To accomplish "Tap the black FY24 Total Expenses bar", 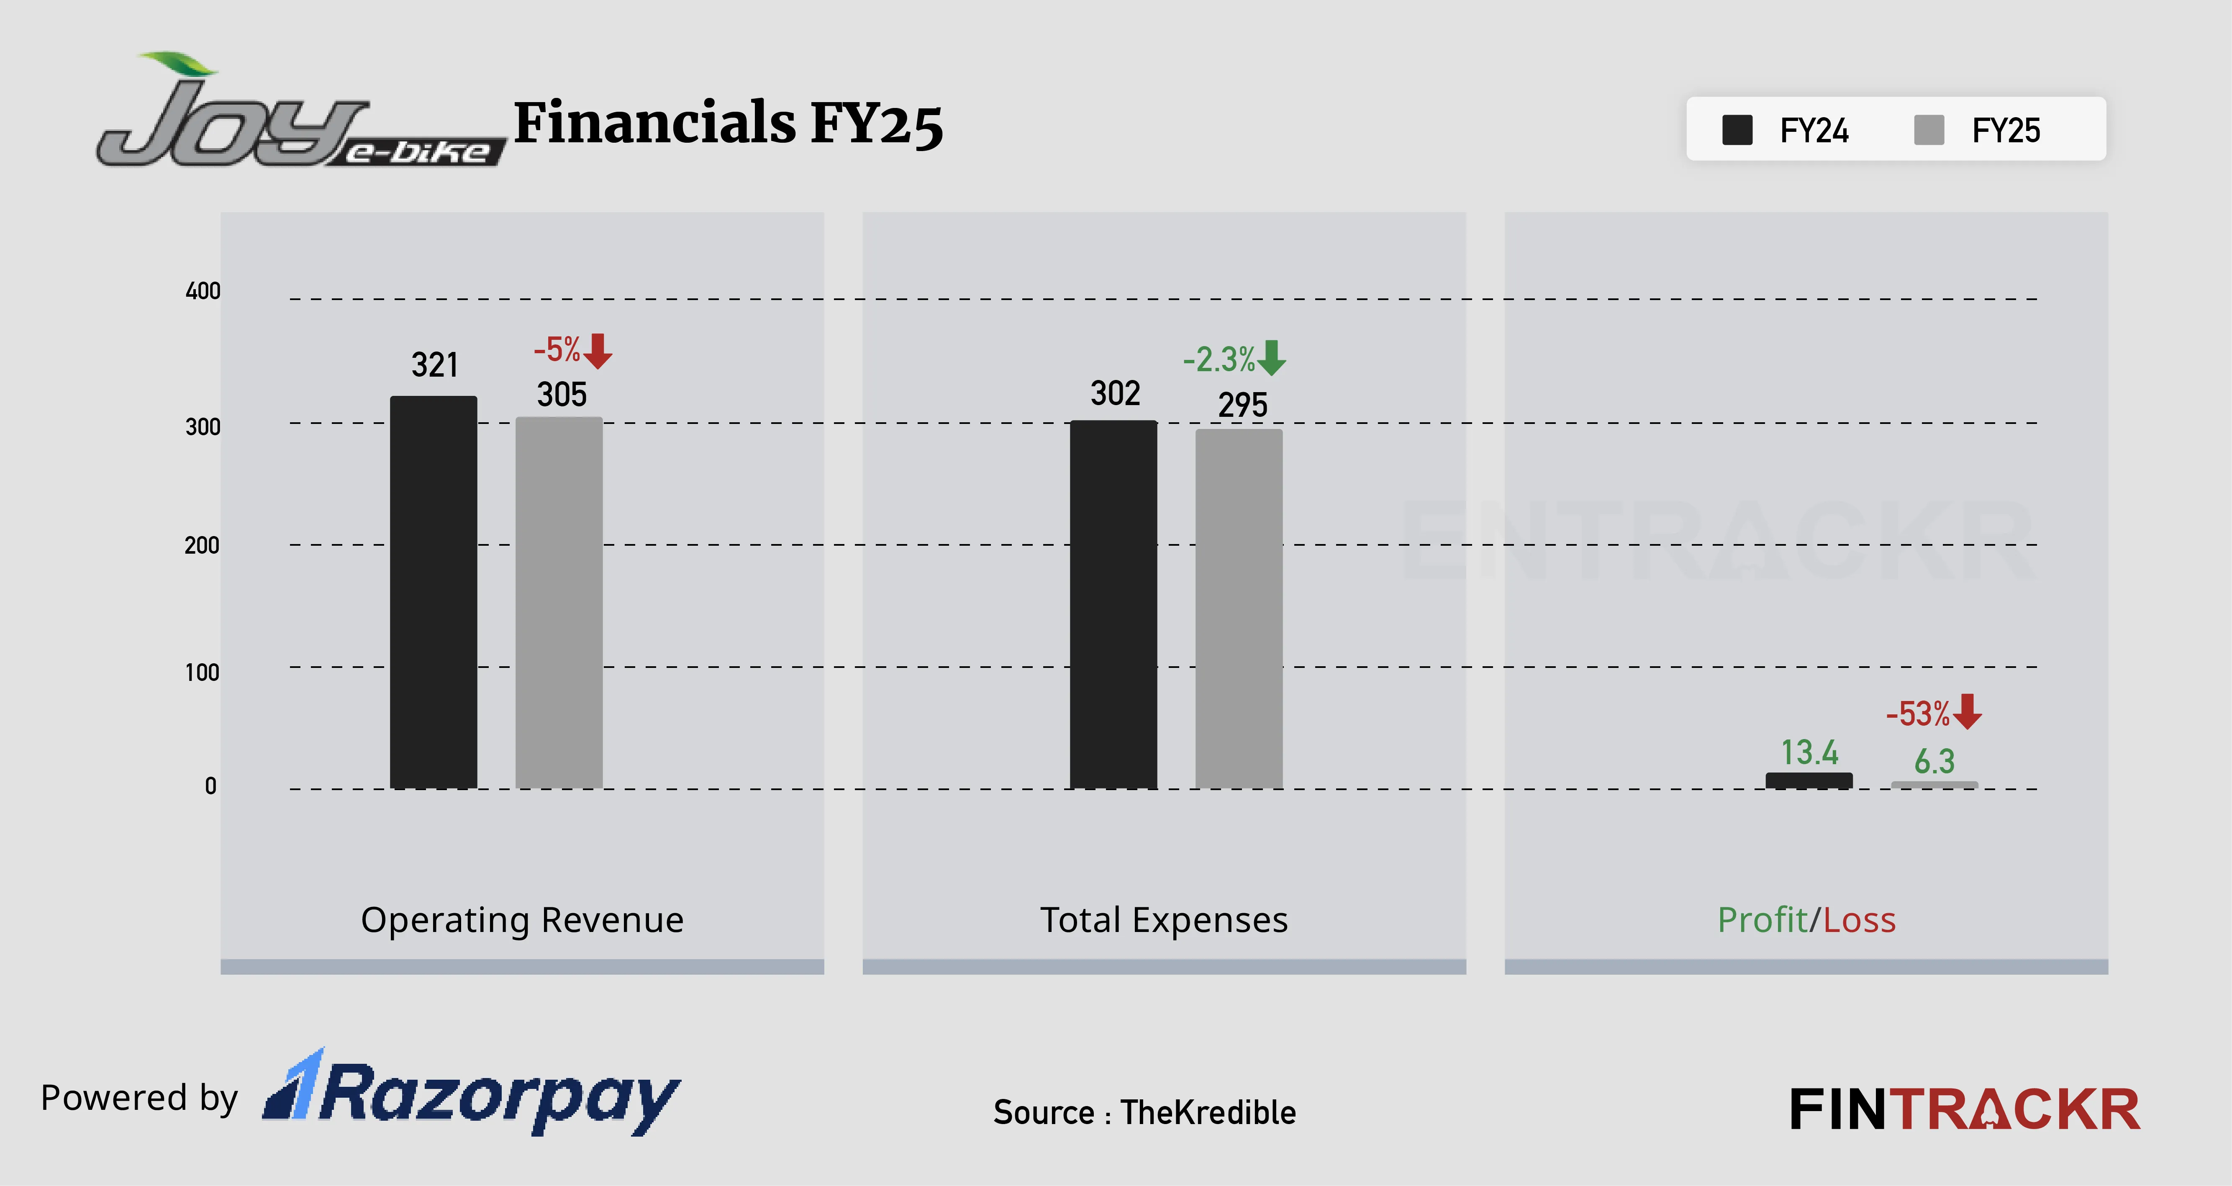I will [1113, 605].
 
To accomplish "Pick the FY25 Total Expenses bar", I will [1239, 609].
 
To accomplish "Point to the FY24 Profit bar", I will [1809, 780].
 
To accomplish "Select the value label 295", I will [1242, 405].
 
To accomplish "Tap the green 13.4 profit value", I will [1809, 752].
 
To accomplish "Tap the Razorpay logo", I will [472, 1093].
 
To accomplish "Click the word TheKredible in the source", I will [1208, 1112].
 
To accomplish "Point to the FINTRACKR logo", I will [1964, 1110].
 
